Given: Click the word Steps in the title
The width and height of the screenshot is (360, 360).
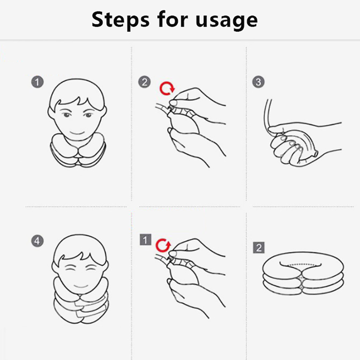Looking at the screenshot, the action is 120,20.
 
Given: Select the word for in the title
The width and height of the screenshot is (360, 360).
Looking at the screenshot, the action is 173,19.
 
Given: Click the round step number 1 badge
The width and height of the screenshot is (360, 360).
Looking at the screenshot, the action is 37,82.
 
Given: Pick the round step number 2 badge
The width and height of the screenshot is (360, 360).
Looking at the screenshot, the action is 144,82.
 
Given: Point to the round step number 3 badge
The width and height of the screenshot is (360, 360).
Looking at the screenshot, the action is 258,82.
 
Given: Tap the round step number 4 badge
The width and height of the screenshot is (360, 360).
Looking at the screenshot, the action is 37,241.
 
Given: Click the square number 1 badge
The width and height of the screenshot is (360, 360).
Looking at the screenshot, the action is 145,240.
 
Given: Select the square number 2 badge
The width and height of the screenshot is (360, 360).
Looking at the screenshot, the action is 259,247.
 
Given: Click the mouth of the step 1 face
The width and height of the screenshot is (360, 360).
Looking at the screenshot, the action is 77,133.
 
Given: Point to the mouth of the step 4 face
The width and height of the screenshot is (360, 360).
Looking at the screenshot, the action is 81,287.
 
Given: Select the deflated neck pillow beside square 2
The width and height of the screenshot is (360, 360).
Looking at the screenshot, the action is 303,273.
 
